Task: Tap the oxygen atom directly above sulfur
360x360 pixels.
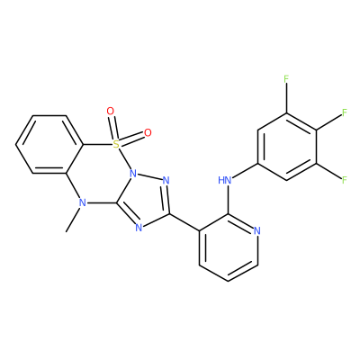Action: [111, 112]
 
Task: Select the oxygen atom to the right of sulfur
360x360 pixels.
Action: [148, 132]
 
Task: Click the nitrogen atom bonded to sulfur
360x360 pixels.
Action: [134, 174]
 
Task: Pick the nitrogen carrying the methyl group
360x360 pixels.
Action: [83, 203]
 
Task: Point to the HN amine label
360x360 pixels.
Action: [225, 180]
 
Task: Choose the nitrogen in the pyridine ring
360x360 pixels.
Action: [256, 231]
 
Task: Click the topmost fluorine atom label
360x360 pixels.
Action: [286, 79]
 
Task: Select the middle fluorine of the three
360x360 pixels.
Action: [345, 112]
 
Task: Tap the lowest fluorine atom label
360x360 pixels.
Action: [345, 180]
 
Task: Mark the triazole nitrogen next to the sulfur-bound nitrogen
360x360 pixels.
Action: [166, 181]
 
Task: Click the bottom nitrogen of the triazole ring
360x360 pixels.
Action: [139, 228]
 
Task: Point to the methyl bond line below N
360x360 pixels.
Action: [73, 220]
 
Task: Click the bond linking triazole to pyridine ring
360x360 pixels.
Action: [184, 222]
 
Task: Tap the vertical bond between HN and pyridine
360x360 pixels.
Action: [228, 200]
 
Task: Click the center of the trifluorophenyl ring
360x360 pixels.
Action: [286, 147]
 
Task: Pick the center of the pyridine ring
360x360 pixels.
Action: [228, 247]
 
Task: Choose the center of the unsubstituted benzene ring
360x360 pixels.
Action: [49, 145]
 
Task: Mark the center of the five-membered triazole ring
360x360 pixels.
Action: [145, 200]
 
